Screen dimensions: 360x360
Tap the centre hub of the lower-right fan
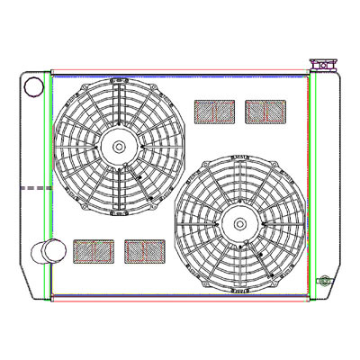click(239, 223)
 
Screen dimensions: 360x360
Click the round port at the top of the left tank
click(33, 87)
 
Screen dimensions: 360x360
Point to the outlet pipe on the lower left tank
click(44, 251)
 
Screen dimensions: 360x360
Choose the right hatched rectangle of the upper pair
click(265, 112)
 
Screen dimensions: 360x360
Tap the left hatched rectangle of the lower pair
click(94, 251)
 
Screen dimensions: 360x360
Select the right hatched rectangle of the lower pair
click(144, 251)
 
